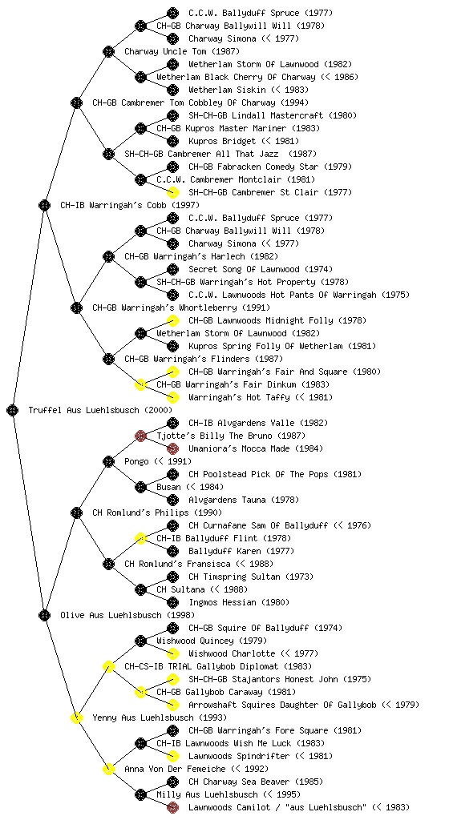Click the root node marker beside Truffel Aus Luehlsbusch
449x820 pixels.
[x=13, y=410]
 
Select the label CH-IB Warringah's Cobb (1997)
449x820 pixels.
[x=130, y=206]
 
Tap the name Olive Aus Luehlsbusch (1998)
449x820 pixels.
[x=127, y=616]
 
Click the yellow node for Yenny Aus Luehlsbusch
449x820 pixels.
[x=76, y=717]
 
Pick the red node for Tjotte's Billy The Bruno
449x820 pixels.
[x=140, y=436]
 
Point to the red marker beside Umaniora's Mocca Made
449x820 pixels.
[x=172, y=448]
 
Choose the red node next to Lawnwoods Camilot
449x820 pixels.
[x=172, y=807]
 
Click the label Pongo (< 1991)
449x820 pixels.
[x=158, y=462]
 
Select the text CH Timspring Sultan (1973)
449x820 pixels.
[x=251, y=577]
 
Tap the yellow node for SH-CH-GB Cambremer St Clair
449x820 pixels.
[x=172, y=192]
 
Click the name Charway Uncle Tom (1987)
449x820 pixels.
[x=182, y=52]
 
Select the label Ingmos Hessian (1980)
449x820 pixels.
[x=239, y=602]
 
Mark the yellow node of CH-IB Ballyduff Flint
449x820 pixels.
[x=140, y=538]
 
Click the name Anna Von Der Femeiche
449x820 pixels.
[x=175, y=769]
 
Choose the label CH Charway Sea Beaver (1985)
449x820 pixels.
[x=256, y=782]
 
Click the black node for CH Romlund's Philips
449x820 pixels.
[x=76, y=512]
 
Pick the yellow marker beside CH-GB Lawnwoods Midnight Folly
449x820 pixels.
[x=172, y=320]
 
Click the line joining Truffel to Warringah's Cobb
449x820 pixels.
[x=28, y=307]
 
